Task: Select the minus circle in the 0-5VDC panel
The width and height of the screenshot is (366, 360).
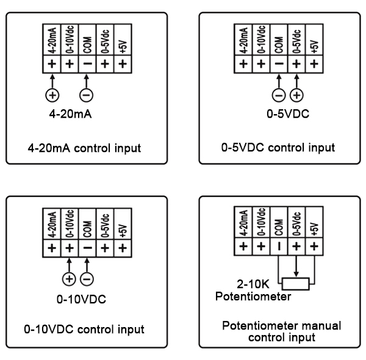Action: (279, 95)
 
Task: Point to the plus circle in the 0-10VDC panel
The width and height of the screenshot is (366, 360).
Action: (68, 279)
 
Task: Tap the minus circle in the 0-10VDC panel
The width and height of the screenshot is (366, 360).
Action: (87, 279)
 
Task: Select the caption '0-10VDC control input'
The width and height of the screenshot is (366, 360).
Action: (84, 330)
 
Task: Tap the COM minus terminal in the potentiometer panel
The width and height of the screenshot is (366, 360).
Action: (279, 247)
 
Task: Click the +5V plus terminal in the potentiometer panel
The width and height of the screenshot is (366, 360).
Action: (314, 247)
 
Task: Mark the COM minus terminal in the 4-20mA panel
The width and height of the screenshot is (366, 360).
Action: (87, 63)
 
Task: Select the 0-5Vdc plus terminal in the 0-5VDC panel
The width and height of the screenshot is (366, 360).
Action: (296, 63)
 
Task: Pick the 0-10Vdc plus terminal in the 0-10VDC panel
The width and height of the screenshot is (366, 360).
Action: (69, 248)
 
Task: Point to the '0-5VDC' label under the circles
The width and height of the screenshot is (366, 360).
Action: (287, 113)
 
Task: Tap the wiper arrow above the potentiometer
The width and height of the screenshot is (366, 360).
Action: (296, 268)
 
